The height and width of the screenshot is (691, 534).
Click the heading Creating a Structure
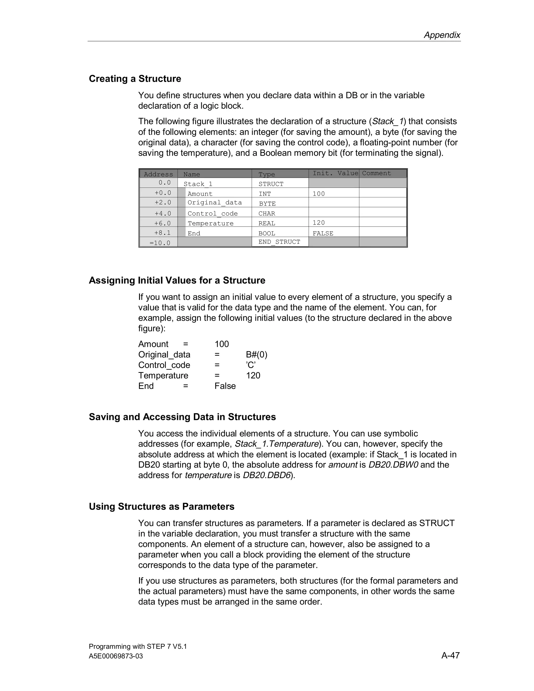pyautogui.click(x=135, y=79)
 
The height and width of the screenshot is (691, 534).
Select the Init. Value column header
pyautogui.click(x=335, y=173)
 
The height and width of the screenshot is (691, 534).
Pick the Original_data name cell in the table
pyautogui.click(x=215, y=203)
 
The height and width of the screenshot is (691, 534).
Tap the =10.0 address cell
pyautogui.click(x=160, y=243)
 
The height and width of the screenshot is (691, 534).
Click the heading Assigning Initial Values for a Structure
pyautogui.click(x=177, y=281)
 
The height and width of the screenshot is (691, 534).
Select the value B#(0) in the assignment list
pyautogui.click(x=256, y=355)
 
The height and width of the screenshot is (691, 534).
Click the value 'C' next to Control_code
pyautogui.click(x=251, y=365)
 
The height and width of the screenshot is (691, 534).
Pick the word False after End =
pyautogui.click(x=225, y=386)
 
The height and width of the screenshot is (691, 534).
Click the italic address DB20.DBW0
pyautogui.click(x=393, y=465)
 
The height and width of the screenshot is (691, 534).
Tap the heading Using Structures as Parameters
pyautogui.click(x=161, y=507)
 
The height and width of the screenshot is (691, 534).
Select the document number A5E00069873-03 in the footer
pyautogui.click(x=116, y=656)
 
